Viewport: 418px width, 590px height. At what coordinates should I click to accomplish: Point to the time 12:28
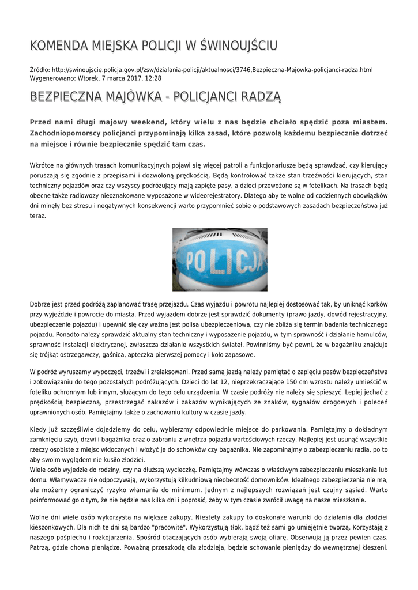coord(153,78)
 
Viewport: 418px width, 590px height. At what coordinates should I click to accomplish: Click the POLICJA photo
coord(220,259)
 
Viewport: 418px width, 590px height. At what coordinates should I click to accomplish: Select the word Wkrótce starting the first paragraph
coord(42,165)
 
